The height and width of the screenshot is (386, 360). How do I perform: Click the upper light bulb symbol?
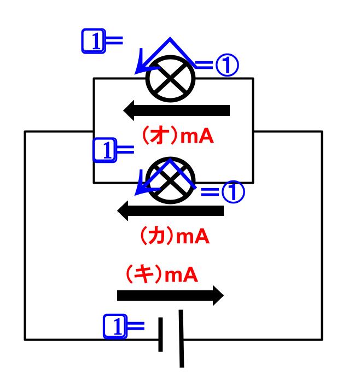pyautogui.click(x=170, y=79)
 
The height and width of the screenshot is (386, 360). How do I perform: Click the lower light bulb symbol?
pyautogui.click(x=170, y=180)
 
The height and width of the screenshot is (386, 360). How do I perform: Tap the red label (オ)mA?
pyautogui.click(x=178, y=136)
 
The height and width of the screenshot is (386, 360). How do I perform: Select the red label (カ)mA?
pyautogui.click(x=175, y=236)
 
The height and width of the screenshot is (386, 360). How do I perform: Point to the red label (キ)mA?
pyautogui.click(x=161, y=274)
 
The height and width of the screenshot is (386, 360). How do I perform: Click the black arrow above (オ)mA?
pyautogui.click(x=176, y=110)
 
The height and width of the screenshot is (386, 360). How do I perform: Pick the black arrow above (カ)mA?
pyautogui.click(x=171, y=210)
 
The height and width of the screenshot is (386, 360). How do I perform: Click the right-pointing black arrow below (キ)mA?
pyautogui.click(x=170, y=295)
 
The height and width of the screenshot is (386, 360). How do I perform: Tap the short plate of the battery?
pyautogui.click(x=160, y=335)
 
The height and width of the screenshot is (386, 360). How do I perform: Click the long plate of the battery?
pyautogui.click(x=181, y=339)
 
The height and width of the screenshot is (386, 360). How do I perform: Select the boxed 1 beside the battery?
pyautogui.click(x=115, y=326)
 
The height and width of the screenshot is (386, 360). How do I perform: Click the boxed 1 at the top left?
pyautogui.click(x=94, y=41)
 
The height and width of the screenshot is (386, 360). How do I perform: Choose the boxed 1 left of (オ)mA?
pyautogui.click(x=104, y=150)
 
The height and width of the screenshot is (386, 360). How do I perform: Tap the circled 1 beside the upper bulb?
pyautogui.click(x=227, y=65)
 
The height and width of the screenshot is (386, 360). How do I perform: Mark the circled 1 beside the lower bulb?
pyautogui.click(x=233, y=192)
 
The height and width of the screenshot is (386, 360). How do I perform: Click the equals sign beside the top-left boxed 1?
pyautogui.click(x=114, y=40)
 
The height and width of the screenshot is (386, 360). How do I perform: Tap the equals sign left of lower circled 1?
pyautogui.click(x=210, y=192)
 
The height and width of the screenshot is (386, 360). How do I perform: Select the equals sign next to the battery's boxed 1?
pyautogui.click(x=136, y=326)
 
